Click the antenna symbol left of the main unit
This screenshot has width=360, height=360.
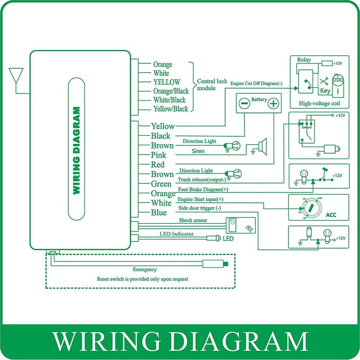17,76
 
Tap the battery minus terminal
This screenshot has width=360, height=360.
244,103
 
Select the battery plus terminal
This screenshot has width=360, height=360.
273,103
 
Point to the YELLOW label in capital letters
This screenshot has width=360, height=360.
166,82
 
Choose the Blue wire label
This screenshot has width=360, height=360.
159,212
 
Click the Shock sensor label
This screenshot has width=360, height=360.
193,220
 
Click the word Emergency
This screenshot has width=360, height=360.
144,270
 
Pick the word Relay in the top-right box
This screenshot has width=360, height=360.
304,60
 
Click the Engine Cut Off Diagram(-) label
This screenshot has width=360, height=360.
256,84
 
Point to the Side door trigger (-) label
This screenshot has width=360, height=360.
200,208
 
